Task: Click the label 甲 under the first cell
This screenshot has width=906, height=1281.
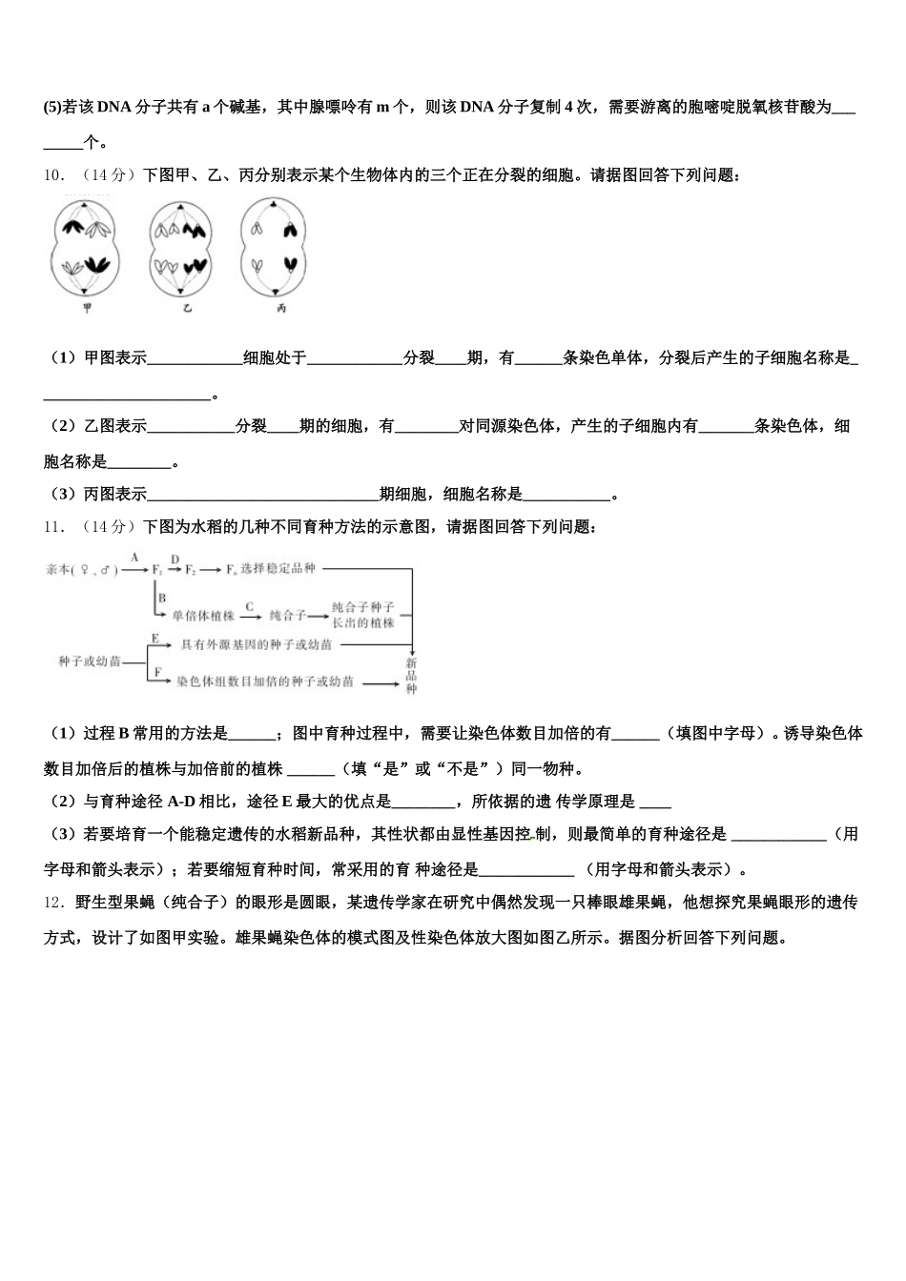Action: (87, 309)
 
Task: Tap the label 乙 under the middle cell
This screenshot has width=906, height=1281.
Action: (187, 309)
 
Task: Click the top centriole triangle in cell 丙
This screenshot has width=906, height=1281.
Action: (275, 205)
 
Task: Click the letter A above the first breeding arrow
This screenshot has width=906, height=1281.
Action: (134, 557)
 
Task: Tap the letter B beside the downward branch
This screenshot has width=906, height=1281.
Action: (162, 598)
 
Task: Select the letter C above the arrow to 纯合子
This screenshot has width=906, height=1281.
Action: (250, 605)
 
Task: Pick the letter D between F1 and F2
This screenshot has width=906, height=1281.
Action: (175, 558)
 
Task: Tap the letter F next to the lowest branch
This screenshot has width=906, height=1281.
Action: (155, 672)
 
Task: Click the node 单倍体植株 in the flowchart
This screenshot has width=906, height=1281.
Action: (203, 616)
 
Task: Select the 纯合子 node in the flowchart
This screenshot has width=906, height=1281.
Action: (288, 616)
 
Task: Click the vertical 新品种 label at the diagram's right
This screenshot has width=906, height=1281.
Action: (411, 675)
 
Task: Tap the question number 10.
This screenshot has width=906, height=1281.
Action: (53, 175)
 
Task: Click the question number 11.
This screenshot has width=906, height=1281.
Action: (53, 526)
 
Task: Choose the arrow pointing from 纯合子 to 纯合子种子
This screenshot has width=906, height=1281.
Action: (318, 616)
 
